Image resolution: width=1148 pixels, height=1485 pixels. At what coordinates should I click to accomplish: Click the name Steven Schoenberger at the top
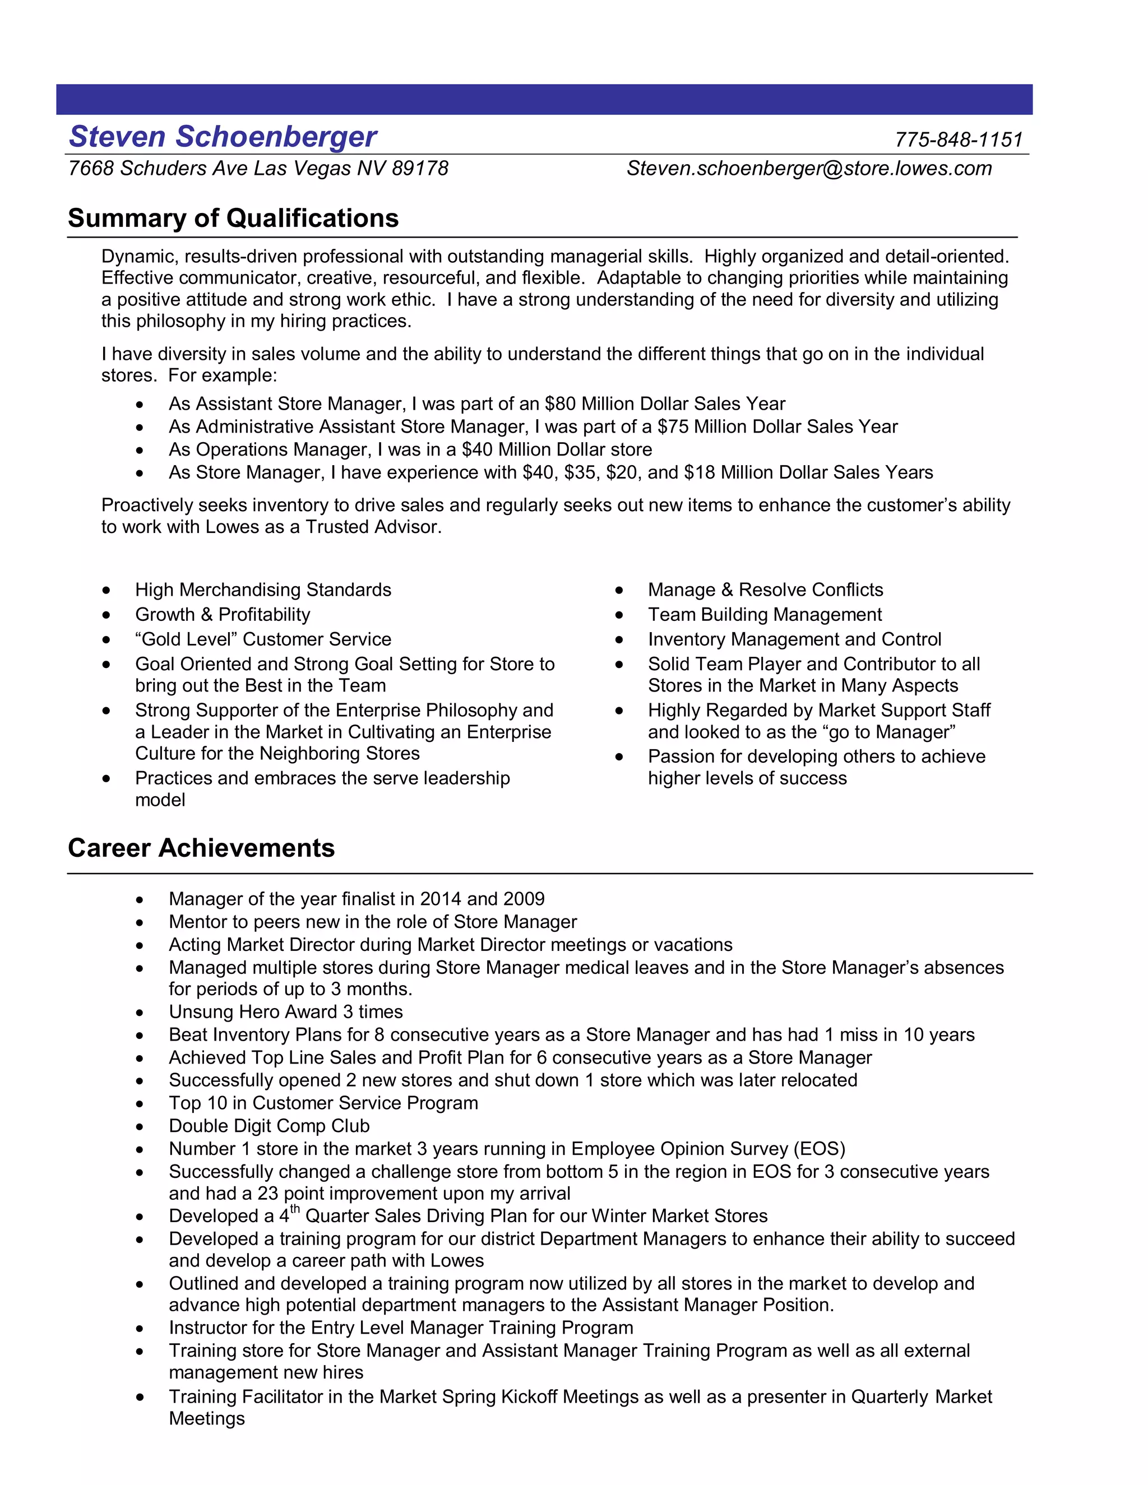pyautogui.click(x=223, y=137)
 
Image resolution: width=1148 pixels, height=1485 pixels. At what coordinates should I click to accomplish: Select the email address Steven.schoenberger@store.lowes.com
pyautogui.click(x=809, y=169)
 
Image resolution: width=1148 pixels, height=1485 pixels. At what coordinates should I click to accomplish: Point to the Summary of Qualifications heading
pyautogui.click(x=233, y=218)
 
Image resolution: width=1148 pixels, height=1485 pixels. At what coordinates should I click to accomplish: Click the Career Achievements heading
pyautogui.click(x=201, y=848)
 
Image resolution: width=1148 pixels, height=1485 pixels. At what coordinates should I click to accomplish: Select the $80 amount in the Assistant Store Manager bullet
pyautogui.click(x=559, y=404)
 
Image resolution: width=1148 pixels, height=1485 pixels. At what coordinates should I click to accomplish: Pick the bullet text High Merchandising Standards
pyautogui.click(x=263, y=590)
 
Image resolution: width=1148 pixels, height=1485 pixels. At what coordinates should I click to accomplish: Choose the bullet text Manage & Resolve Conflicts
pyautogui.click(x=765, y=590)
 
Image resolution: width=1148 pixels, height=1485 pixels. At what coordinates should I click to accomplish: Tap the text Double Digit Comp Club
pyautogui.click(x=269, y=1126)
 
